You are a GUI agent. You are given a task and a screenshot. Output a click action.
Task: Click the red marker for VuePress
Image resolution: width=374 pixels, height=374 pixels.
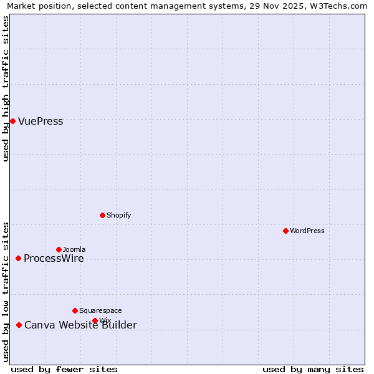[x=12, y=121]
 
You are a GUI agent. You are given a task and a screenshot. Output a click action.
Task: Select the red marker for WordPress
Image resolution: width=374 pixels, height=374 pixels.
[x=285, y=231]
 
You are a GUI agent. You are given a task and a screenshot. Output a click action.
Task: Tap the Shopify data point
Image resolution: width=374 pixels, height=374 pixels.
[x=102, y=215]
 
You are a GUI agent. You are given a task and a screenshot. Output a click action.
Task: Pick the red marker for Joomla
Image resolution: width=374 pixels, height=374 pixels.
[x=59, y=249]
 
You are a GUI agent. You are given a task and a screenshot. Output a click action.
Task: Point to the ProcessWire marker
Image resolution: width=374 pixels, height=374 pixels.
[x=18, y=258]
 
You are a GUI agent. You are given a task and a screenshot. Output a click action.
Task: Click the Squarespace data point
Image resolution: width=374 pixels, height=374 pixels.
[x=75, y=310]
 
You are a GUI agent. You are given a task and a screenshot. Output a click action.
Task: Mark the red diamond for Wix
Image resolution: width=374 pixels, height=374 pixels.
[x=95, y=320]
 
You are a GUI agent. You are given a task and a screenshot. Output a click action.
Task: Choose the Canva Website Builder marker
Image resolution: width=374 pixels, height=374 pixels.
[x=19, y=325]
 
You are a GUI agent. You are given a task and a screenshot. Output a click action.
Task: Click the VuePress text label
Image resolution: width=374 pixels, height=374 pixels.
[x=41, y=122]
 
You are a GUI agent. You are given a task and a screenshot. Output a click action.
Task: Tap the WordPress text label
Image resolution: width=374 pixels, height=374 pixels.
[x=307, y=231]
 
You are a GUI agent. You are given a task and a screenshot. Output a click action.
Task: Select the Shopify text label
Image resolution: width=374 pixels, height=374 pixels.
[x=118, y=216]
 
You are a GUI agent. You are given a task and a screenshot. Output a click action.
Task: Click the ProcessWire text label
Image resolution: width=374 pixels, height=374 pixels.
[x=54, y=259]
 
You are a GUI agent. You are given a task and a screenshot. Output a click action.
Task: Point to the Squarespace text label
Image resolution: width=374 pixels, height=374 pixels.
[x=100, y=311]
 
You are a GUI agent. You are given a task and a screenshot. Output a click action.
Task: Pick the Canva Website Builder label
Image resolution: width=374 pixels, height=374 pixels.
[x=80, y=325]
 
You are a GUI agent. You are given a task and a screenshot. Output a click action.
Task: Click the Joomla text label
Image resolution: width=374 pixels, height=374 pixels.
[x=74, y=250]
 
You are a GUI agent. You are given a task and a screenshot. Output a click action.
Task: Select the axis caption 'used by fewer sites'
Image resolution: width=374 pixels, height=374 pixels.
[x=64, y=369]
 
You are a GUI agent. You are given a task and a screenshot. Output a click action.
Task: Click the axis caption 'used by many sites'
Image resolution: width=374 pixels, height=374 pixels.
[x=313, y=369]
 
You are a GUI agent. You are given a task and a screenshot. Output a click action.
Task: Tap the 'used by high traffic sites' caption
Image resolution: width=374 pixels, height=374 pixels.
[x=6, y=89]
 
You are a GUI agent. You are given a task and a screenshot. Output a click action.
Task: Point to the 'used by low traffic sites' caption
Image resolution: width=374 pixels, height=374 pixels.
[x=6, y=292]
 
